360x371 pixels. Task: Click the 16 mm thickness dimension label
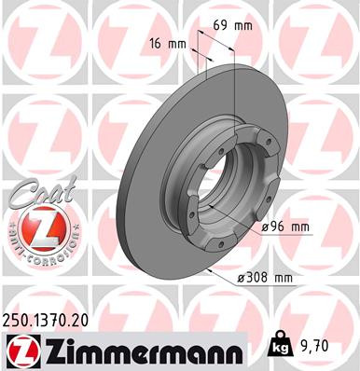point(166,44)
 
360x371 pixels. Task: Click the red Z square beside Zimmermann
point(18,350)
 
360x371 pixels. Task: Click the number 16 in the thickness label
point(157,44)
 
